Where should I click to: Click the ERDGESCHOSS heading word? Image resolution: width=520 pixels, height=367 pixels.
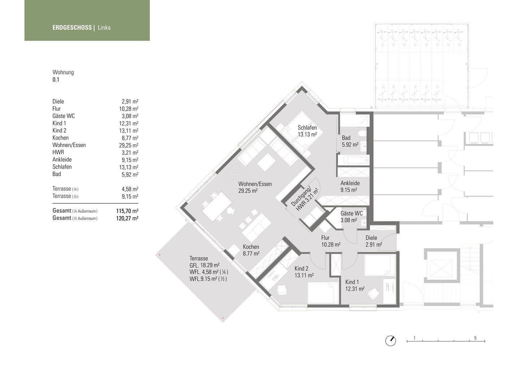(x=72, y=27)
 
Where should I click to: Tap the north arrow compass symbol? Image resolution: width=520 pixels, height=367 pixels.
(x=390, y=341)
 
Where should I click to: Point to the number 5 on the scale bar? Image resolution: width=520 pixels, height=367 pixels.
(x=475, y=338)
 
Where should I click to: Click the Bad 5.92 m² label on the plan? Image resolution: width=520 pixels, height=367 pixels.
(x=350, y=141)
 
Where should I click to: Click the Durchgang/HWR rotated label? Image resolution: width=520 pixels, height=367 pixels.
(x=304, y=199)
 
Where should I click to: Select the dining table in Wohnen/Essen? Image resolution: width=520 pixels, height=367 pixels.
(x=217, y=206)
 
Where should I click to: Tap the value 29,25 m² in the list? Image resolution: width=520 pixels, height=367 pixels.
(x=129, y=145)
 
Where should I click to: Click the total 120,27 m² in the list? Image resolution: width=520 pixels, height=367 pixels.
(x=127, y=218)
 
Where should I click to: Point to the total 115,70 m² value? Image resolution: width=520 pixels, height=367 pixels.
(x=127, y=211)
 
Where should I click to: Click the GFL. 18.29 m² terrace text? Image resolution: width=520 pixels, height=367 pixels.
(x=204, y=265)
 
